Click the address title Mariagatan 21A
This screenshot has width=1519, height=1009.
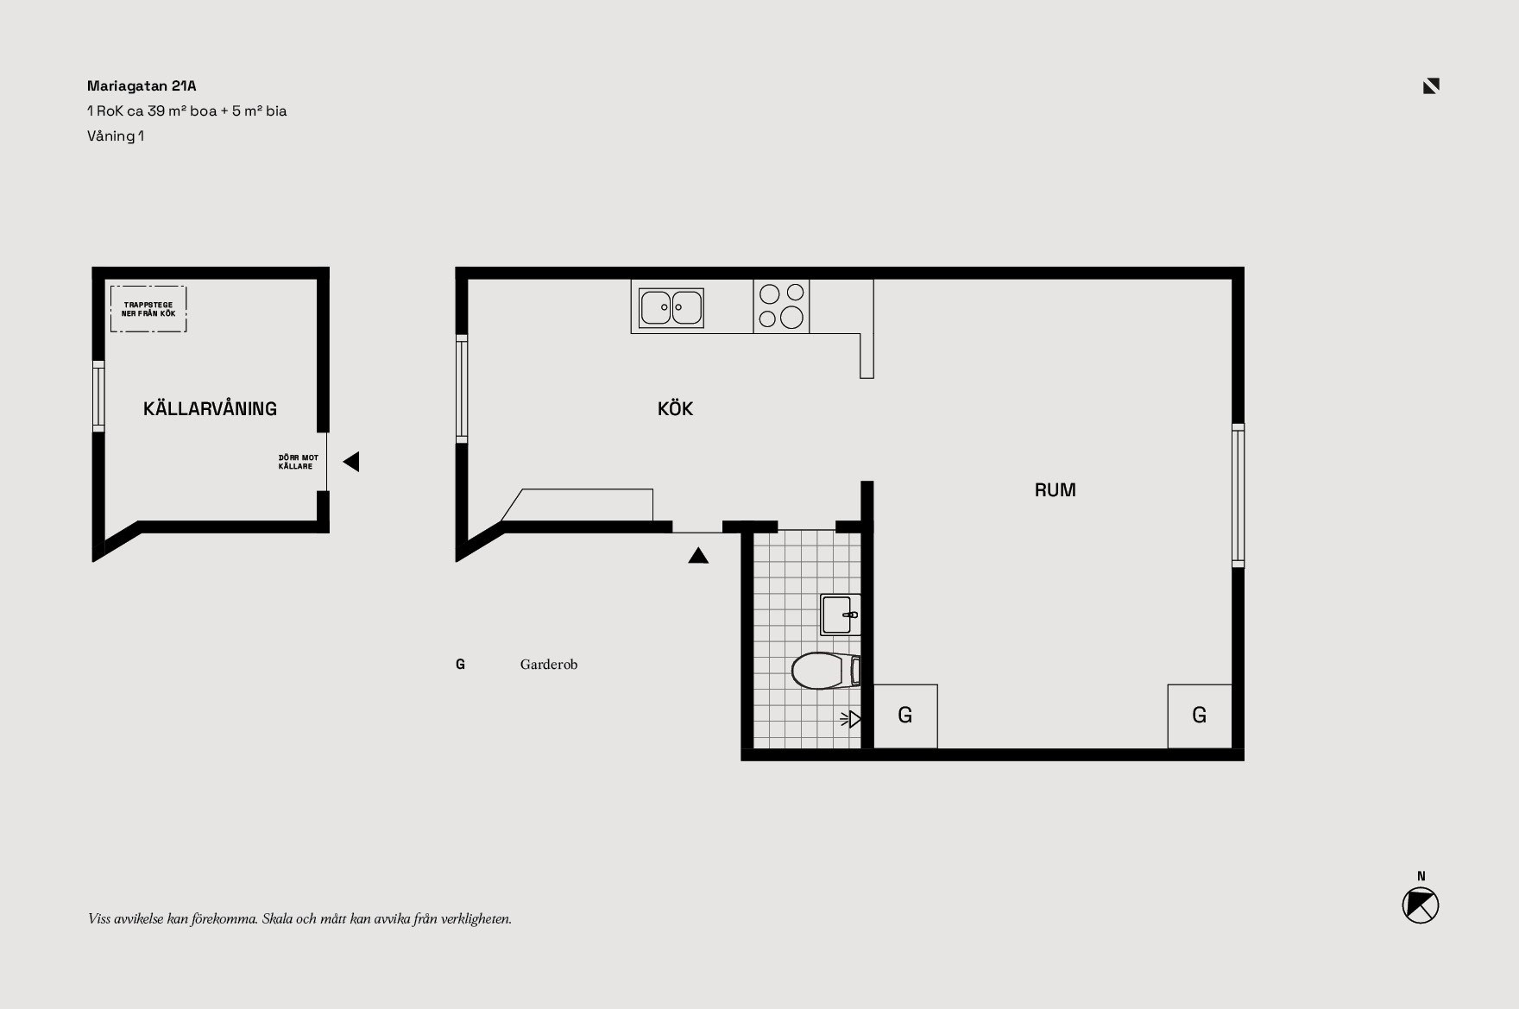[x=142, y=85]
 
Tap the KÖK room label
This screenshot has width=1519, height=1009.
[x=675, y=408]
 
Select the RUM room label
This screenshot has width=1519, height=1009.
[x=1055, y=490]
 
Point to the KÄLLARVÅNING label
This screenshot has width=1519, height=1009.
[x=210, y=408]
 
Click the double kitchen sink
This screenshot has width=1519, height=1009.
[x=671, y=307]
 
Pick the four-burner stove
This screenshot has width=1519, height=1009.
[x=781, y=306]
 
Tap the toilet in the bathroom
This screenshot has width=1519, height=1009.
[x=826, y=671]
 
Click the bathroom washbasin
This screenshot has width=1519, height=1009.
[x=840, y=615]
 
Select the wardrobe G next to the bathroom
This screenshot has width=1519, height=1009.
[x=905, y=716]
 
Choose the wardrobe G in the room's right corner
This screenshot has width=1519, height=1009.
[x=1200, y=716]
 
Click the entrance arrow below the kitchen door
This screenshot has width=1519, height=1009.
[x=698, y=556]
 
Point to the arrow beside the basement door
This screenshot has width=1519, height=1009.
[x=351, y=462]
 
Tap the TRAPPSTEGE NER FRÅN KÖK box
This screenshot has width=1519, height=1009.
[x=148, y=309]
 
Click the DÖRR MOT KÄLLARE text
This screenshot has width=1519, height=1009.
[x=298, y=462]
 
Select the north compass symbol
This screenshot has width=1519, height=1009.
[x=1421, y=905]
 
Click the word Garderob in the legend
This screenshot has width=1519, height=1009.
[x=549, y=665]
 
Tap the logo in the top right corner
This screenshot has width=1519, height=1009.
[x=1431, y=85]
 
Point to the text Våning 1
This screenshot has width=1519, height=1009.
[x=116, y=136]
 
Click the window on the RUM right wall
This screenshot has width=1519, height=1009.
[x=1238, y=495]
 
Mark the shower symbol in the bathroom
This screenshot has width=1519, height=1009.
[x=851, y=718]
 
